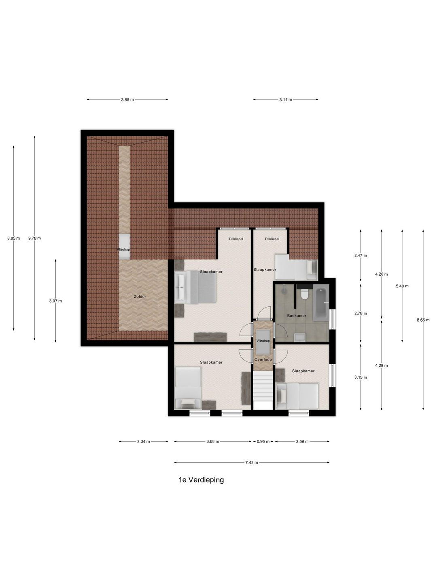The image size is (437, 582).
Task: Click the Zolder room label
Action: point(140,297)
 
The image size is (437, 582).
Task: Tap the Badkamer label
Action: point(297,316)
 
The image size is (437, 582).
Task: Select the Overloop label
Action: point(263,359)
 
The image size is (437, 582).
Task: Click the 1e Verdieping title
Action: point(201,480)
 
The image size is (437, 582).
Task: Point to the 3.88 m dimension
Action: point(127,100)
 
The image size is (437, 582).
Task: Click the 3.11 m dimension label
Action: point(285,100)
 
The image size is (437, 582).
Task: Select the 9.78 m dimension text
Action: point(34,238)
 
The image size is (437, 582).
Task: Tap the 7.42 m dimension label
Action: point(252,463)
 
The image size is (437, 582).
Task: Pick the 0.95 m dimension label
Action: point(263,442)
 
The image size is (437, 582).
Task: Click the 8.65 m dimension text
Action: point(423,320)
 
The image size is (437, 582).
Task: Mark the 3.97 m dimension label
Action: point(55,301)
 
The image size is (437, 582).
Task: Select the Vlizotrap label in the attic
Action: point(123,250)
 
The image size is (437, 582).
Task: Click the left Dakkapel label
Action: point(236,239)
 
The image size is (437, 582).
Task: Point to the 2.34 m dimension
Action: point(143,442)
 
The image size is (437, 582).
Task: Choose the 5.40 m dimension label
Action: point(402,286)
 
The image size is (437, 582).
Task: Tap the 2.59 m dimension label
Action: point(302,442)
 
